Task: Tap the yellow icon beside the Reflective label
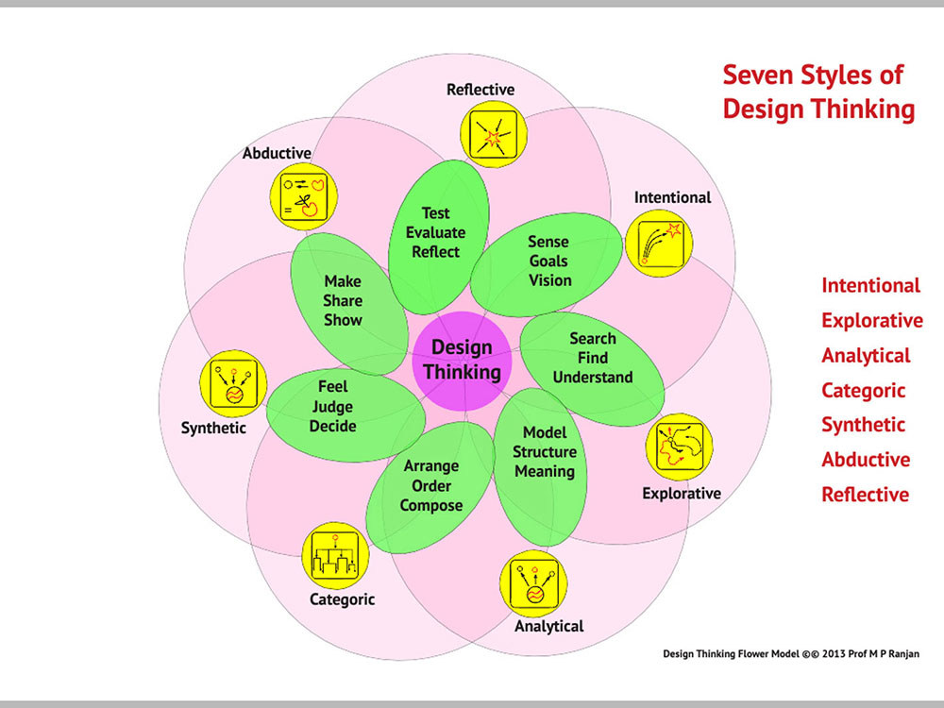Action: (x=494, y=134)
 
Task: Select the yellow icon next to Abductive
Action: (x=303, y=196)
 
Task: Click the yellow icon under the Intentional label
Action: (x=659, y=244)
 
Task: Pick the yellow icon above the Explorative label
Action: (x=679, y=447)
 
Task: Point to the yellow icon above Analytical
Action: (x=533, y=583)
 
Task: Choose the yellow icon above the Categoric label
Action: (x=335, y=556)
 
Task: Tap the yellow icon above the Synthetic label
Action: (x=233, y=383)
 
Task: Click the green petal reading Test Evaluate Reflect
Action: (x=438, y=236)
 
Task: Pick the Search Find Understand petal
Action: (x=593, y=368)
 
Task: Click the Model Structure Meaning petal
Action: (x=541, y=466)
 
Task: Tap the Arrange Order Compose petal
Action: (x=430, y=487)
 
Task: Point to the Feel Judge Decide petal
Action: (x=346, y=414)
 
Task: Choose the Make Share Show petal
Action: (x=350, y=304)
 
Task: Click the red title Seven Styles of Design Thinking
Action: (x=818, y=93)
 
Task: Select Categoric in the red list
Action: (x=864, y=390)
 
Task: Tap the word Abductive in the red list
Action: (x=866, y=460)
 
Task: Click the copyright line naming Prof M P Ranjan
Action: (x=791, y=654)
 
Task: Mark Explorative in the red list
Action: (x=872, y=320)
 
